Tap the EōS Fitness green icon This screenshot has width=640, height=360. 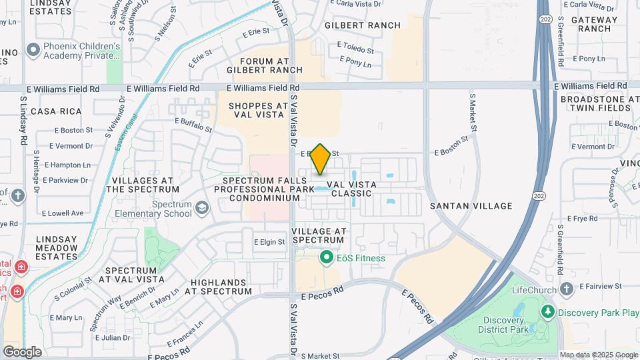(x=327, y=257)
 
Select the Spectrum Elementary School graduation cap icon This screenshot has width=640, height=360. (x=201, y=209)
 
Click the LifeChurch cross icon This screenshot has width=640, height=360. (x=567, y=289)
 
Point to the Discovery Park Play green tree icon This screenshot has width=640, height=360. (x=548, y=312)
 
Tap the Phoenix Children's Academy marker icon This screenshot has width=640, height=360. (x=32, y=51)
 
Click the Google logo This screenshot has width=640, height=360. (x=22, y=351)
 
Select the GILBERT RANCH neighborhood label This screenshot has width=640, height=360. (x=363, y=25)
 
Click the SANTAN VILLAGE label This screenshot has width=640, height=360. (x=471, y=206)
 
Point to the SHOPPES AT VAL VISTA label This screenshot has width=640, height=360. (x=259, y=111)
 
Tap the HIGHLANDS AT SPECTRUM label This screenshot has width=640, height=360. (x=221, y=287)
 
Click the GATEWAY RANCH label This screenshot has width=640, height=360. (x=595, y=24)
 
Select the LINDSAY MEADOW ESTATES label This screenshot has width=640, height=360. (x=47, y=247)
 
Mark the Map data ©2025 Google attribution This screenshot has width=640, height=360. (x=599, y=355)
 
